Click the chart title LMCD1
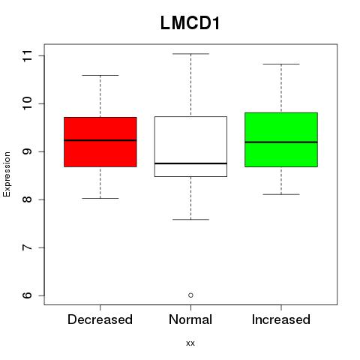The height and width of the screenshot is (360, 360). pos(190,23)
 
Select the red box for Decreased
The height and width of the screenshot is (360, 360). pos(100,142)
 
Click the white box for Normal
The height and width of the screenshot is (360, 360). pos(190,146)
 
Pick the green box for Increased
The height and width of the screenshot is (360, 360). pos(281,139)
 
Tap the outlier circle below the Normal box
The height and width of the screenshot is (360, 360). pos(190,295)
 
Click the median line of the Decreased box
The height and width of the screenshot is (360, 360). pos(100,140)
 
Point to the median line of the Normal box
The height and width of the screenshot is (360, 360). pos(190,163)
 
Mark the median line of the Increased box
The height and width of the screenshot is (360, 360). pos(281,142)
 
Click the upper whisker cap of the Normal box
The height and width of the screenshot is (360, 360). pos(190,54)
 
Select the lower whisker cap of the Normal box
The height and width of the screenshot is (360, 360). pos(190,220)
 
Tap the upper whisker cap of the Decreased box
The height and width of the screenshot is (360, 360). pos(100,75)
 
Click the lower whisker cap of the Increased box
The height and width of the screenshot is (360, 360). pos(281,194)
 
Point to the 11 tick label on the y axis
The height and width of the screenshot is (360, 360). pos(28,55)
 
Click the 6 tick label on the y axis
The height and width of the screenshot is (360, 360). pos(28,295)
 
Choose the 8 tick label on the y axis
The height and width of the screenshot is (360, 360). pos(28,199)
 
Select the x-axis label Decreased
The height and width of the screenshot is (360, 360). pos(100,319)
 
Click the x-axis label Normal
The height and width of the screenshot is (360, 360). pos(190,319)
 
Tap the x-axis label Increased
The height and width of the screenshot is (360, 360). pos(281,319)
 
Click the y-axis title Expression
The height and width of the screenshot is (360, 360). pos(7,174)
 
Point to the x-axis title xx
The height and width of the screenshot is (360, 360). pos(190,343)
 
